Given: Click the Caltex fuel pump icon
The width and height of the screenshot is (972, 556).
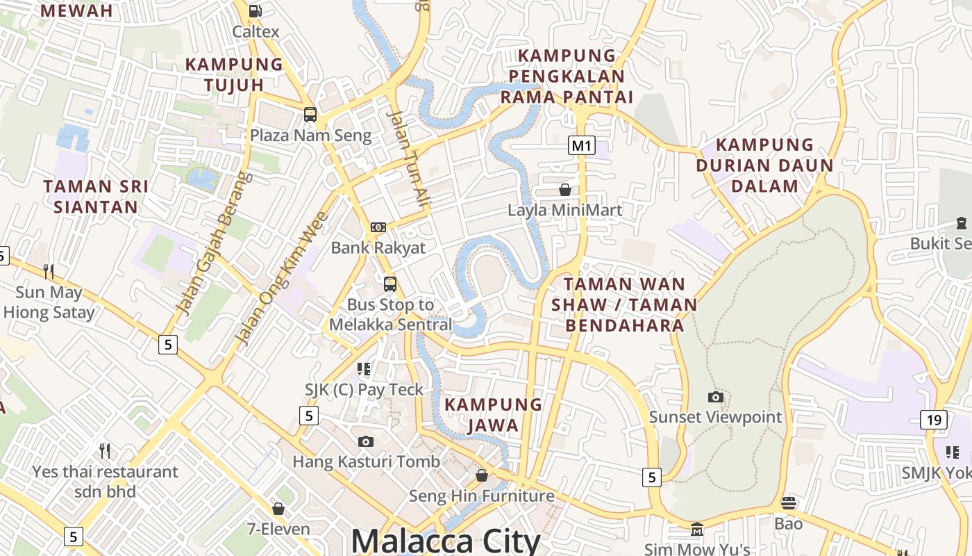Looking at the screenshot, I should click(255, 10).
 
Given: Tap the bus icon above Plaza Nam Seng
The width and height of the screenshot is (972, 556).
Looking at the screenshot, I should click(310, 115).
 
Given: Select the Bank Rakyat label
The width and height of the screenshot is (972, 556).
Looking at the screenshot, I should click(378, 247).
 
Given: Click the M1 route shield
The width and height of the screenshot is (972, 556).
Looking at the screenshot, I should click(581, 145).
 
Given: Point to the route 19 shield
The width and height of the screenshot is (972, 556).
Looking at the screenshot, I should click(934, 419).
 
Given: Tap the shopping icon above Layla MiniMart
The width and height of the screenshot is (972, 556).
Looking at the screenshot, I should click(565, 190).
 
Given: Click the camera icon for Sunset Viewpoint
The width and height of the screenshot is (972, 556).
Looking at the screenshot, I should click(715, 397).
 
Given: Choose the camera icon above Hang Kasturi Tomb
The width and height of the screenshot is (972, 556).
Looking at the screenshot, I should click(366, 441).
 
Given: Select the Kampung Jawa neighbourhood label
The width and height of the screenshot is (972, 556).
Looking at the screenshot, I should click(493, 415).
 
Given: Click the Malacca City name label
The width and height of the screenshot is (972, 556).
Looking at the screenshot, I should click(446, 541).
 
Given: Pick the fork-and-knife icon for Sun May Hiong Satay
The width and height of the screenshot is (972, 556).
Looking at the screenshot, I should click(49, 271).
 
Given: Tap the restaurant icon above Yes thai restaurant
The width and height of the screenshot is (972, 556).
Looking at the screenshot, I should click(105, 451).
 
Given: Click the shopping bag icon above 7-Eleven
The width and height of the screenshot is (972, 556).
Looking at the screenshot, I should click(278, 509).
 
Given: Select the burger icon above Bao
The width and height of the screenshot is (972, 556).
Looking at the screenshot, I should click(789, 502).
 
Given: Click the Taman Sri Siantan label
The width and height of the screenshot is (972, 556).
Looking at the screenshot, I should click(96, 197).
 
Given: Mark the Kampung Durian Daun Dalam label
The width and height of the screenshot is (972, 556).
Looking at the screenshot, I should click(764, 165).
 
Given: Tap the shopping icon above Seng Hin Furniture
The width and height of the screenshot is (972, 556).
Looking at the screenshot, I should click(482, 475).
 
